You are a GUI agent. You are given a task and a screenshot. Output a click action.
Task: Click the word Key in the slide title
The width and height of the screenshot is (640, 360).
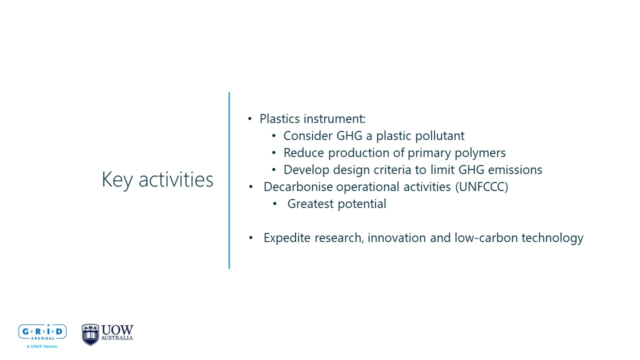[x=117, y=180]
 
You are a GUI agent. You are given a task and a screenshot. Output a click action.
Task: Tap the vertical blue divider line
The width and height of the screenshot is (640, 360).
[x=229, y=180]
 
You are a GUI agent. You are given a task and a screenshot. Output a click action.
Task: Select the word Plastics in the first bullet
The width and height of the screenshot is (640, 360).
[x=279, y=118]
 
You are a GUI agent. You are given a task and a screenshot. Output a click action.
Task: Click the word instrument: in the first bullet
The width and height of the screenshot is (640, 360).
[x=334, y=119]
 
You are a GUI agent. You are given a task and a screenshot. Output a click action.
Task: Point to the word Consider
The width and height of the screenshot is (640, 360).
[x=308, y=135]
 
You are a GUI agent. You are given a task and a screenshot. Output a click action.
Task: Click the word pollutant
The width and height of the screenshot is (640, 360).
[x=439, y=135]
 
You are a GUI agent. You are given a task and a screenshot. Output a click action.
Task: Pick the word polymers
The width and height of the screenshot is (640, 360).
[x=480, y=153]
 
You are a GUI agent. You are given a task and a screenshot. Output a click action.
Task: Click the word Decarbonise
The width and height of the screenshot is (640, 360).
[x=297, y=187]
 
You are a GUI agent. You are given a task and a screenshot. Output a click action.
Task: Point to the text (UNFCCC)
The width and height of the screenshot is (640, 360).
[x=481, y=187]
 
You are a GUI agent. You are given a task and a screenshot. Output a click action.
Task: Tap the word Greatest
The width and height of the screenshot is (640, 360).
[x=310, y=203]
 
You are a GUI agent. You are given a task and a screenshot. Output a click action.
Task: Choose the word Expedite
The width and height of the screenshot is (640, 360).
[x=287, y=238]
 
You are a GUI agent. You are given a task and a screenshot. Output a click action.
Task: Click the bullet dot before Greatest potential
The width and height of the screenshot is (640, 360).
[x=275, y=204]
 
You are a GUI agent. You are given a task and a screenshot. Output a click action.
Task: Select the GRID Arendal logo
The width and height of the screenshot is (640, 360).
[x=42, y=336]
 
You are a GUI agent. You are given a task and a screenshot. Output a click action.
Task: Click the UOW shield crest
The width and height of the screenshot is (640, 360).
[x=90, y=334]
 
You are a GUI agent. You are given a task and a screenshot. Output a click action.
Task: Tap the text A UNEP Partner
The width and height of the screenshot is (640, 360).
[x=42, y=346]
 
